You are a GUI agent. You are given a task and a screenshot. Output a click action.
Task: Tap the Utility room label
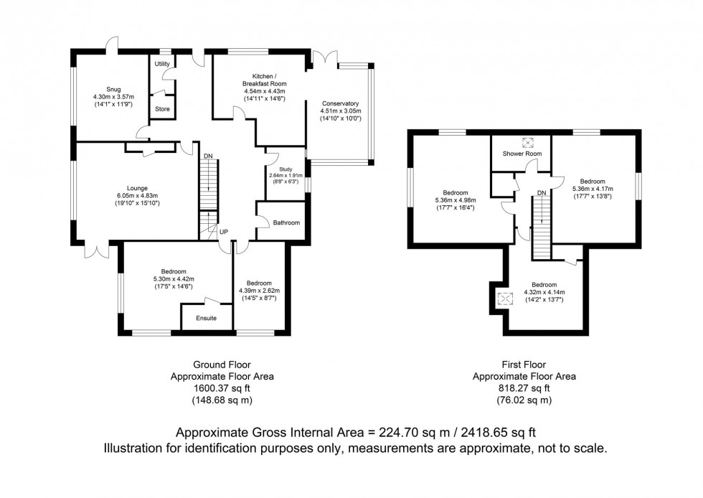pyautogui.click(x=162, y=64)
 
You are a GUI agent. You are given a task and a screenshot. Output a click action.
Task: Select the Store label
pyautogui.click(x=163, y=109)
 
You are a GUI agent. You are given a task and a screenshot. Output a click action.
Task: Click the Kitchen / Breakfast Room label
pyautogui.click(x=264, y=80)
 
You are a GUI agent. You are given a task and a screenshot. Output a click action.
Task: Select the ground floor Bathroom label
pyautogui.click(x=286, y=223)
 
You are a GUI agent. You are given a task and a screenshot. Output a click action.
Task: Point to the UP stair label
pyautogui.click(x=224, y=232)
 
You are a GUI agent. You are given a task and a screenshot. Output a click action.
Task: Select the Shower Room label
pyautogui.click(x=522, y=154)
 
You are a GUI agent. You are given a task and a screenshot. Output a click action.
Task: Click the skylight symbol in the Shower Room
pyautogui.click(x=530, y=141)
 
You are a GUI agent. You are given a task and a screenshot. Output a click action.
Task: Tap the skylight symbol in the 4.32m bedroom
pyautogui.click(x=505, y=300)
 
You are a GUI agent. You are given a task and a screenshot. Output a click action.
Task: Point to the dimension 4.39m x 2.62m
pyautogui.click(x=258, y=290)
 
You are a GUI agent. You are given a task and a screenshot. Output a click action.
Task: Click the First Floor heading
pyautogui.click(x=524, y=365)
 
